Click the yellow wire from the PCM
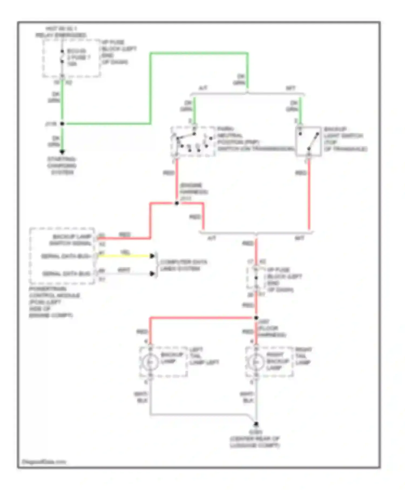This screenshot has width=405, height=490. pyautogui.click(x=124, y=256)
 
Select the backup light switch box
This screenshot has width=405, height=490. pyautogui.click(x=309, y=141)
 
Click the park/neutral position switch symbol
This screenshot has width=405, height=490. pyautogui.click(x=193, y=141)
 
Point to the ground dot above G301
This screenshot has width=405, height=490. pyautogui.click(x=256, y=424)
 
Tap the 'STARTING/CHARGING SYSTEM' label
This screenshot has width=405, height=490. pyautogui.click(x=62, y=166)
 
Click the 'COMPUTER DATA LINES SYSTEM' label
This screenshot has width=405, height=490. pyautogui.click(x=184, y=265)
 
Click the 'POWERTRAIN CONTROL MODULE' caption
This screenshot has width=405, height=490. pyautogui.click(x=54, y=302)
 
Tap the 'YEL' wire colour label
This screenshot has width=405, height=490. pyautogui.click(x=125, y=252)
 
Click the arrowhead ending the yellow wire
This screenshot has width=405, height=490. pyautogui.click(x=153, y=256)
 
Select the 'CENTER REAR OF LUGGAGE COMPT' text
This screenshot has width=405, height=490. pyautogui.click(x=255, y=442)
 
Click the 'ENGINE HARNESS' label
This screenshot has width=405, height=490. pyautogui.click(x=193, y=189)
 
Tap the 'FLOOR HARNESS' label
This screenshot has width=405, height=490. pyautogui.click(x=271, y=331)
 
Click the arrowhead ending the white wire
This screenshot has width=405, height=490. pyautogui.click(x=153, y=274)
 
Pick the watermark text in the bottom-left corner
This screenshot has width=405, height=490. pyautogui.click(x=44, y=462)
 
